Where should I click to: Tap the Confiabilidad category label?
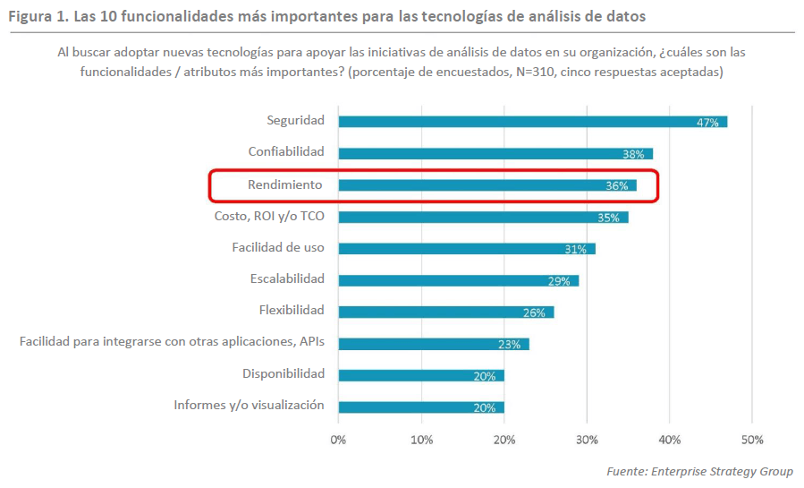pyautogui.click(x=287, y=152)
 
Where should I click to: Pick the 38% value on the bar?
pyautogui.click(x=633, y=154)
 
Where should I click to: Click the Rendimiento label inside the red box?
pyautogui.click(x=285, y=184)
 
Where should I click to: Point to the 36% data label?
pyautogui.click(x=616, y=186)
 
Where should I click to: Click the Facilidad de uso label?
pyautogui.click(x=278, y=247)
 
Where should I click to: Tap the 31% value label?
pyautogui.click(x=575, y=249)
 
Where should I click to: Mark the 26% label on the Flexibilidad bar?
pyautogui.click(x=534, y=312)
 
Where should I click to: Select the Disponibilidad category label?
pyautogui.click(x=284, y=373)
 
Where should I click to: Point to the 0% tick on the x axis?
pyautogui.click(x=338, y=440)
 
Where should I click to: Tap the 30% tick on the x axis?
pyautogui.click(x=587, y=440)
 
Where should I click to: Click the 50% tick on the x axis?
pyautogui.click(x=752, y=440)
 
